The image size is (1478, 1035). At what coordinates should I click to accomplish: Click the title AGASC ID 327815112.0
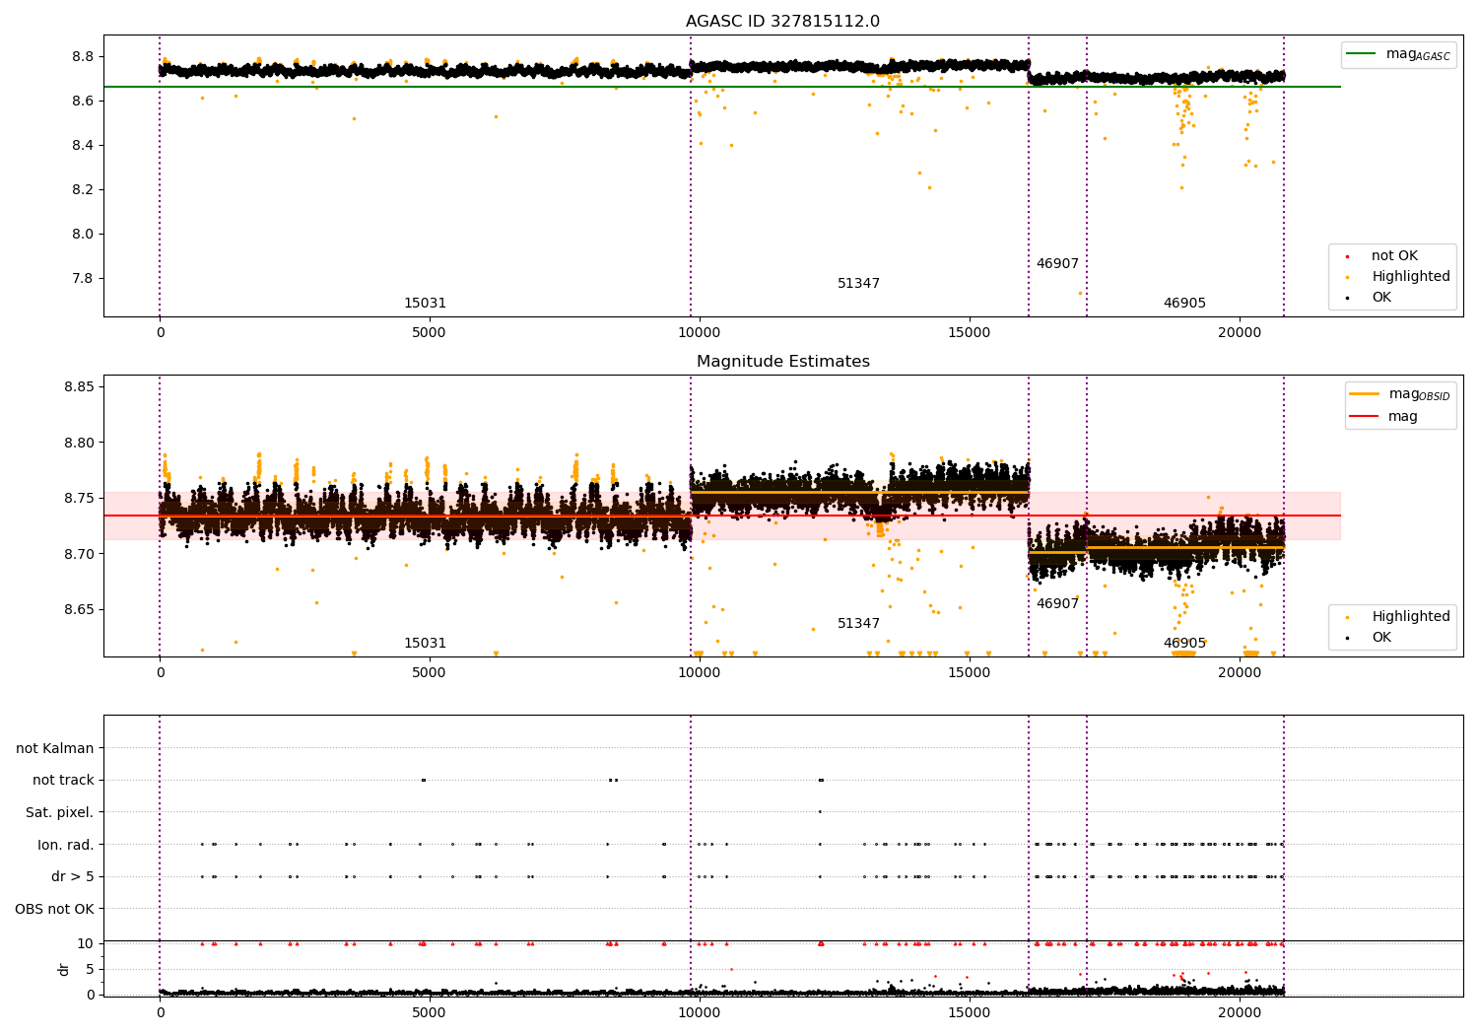click(x=782, y=21)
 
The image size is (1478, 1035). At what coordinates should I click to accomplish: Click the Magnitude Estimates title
click(x=783, y=361)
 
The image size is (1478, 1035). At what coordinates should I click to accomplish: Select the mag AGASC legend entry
click(x=1398, y=54)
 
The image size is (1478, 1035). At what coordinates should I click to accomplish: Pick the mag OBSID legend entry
click(x=1399, y=394)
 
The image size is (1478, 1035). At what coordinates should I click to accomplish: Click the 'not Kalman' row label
click(x=55, y=748)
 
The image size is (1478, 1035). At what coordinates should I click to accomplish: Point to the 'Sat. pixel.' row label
click(x=59, y=812)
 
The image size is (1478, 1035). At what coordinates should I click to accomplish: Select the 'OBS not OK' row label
click(x=54, y=909)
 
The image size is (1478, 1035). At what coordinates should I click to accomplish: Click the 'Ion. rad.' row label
click(x=65, y=845)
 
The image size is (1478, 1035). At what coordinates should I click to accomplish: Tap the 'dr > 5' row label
click(x=73, y=876)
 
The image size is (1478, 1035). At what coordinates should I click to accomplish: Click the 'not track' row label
click(x=63, y=781)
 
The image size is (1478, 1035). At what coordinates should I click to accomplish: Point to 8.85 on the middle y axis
click(x=79, y=386)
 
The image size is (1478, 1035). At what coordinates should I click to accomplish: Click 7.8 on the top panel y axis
click(x=83, y=279)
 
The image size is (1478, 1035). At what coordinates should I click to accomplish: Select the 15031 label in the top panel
click(x=425, y=303)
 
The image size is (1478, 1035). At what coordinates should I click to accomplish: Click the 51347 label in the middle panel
click(x=858, y=623)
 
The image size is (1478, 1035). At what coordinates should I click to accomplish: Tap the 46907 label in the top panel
click(x=1057, y=263)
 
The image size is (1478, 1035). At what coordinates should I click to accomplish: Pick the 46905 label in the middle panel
click(x=1184, y=643)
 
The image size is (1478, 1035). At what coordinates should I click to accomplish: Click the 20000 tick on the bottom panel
click(x=1240, y=1013)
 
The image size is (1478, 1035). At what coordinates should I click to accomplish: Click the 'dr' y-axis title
click(x=63, y=969)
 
